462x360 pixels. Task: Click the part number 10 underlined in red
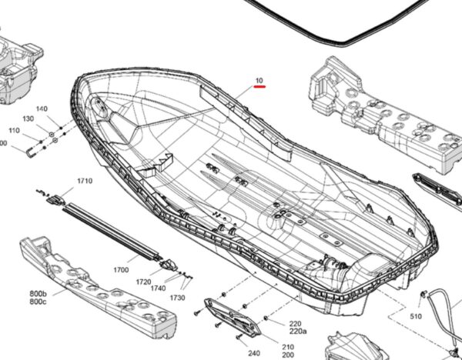click(259, 81)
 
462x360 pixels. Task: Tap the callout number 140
click(42, 109)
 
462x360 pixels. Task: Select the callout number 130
click(28, 119)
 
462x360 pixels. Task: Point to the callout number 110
click(14, 131)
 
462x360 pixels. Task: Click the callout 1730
click(178, 298)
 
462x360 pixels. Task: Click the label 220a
click(276, 332)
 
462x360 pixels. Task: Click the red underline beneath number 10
click(259, 87)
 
